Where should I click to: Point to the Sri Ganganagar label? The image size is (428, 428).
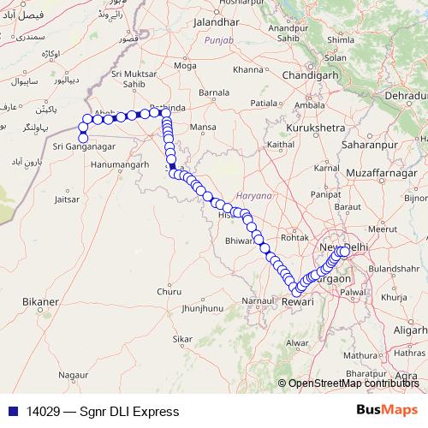(x=81, y=147)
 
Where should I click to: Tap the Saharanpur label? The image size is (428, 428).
(x=360, y=146)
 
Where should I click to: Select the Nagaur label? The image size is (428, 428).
(x=74, y=374)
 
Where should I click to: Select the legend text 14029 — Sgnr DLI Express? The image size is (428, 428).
(x=102, y=412)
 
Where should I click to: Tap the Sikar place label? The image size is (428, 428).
(x=181, y=339)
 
